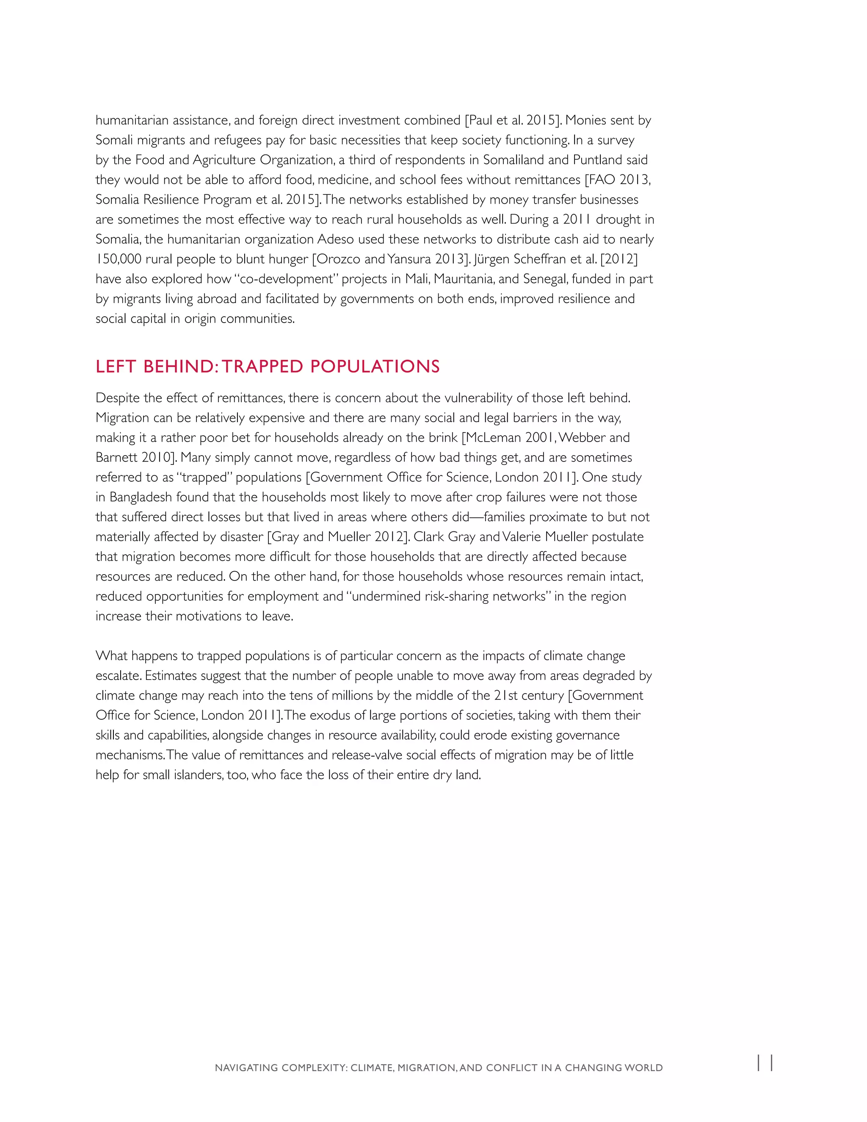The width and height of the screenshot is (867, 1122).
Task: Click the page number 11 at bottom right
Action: (765, 1063)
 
